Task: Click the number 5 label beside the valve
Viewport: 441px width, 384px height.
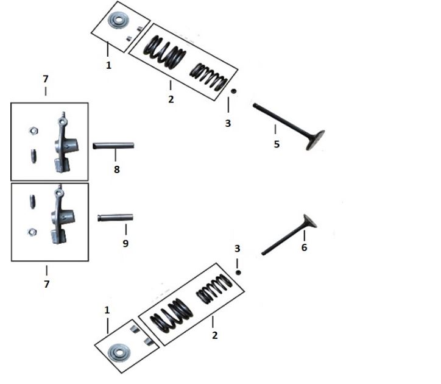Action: pos(277,144)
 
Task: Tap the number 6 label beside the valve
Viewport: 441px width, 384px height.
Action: pos(304,247)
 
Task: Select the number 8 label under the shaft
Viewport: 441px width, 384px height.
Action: pos(117,169)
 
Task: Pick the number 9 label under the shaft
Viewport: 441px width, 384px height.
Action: pos(125,244)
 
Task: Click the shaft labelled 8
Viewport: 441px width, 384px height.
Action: pos(113,146)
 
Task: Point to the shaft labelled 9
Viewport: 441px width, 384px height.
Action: pos(115,218)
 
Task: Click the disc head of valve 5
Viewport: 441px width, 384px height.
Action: pos(316,140)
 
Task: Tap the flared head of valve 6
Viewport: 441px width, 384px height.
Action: pos(310,221)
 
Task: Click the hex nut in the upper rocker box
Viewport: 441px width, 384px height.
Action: pos(34,131)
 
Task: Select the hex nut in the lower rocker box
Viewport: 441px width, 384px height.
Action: pos(32,232)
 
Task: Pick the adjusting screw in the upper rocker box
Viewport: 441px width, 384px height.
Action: pos(34,156)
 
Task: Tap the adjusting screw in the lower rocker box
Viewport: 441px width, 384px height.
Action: pos(33,202)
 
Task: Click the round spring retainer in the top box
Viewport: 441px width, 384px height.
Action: pos(118,20)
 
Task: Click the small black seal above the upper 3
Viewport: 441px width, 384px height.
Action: pos(234,91)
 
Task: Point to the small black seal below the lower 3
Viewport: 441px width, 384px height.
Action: pos(238,272)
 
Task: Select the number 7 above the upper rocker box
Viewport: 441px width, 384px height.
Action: pos(46,79)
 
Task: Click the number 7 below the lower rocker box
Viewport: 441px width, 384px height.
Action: pos(47,284)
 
